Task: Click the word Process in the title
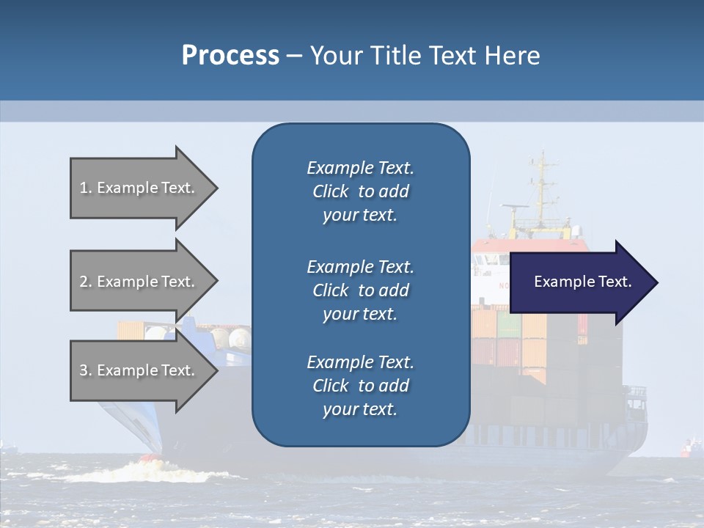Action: coord(230,56)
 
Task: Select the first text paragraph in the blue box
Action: coord(360,191)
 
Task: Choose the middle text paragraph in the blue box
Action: coord(360,290)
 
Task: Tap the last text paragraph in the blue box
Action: coord(360,386)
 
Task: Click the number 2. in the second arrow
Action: coord(86,282)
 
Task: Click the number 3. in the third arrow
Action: coord(86,370)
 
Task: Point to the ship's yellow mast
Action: coord(542,187)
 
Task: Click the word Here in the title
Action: coord(513,56)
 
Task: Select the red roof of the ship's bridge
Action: coord(528,245)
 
